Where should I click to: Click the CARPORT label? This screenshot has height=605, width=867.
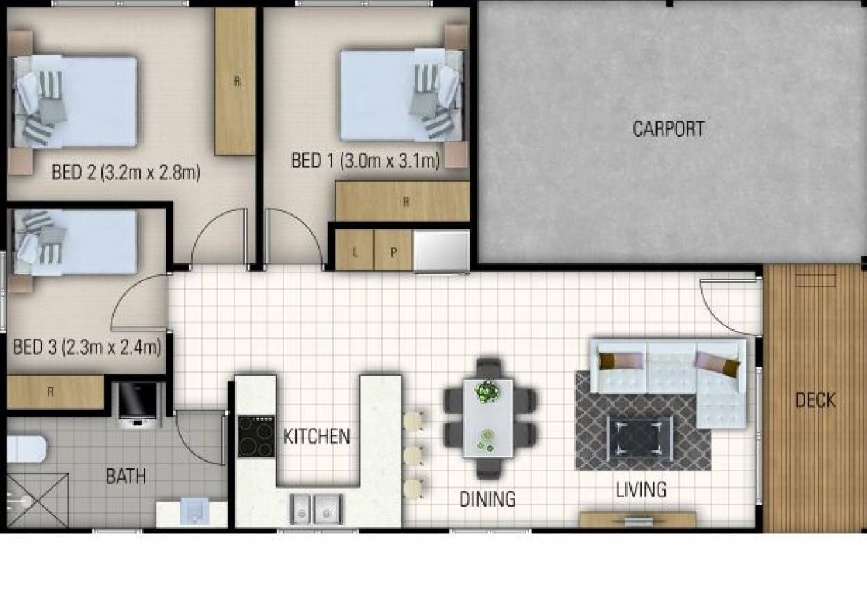669,129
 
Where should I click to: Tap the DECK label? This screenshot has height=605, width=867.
816,400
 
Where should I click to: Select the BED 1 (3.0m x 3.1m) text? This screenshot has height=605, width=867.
366,161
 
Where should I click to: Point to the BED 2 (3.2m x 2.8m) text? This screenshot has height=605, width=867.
126,173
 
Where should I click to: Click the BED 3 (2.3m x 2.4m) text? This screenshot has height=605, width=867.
87,347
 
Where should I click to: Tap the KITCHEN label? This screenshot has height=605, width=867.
316,437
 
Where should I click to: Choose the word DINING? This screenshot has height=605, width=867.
488,499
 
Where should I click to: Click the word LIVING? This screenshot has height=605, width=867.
641,489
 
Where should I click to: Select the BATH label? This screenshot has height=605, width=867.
126,476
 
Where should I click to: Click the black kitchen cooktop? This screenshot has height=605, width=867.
256,437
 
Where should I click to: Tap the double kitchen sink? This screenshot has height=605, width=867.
316,509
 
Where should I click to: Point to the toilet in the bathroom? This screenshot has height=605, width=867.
26,448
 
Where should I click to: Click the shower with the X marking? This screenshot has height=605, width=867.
37,500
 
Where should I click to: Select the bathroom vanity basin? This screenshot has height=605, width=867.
195,511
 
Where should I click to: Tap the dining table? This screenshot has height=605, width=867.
488,418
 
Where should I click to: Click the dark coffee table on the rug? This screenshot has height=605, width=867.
639,438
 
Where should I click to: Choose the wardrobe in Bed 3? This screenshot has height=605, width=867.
55,392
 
